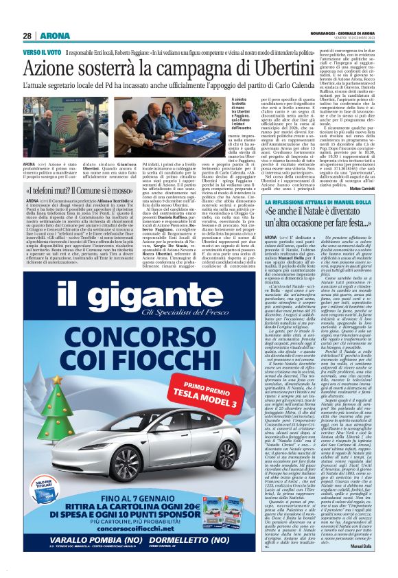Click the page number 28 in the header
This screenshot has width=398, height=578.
click(27, 36)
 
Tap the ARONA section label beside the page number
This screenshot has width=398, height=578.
click(51, 36)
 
